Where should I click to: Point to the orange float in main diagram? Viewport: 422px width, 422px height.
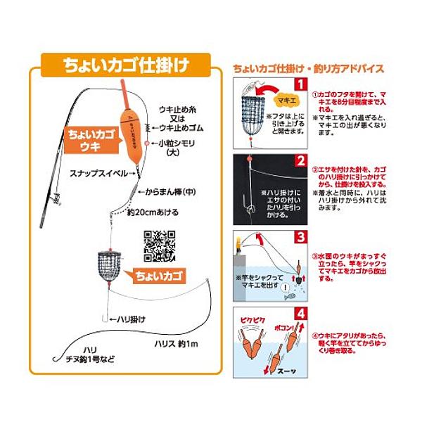[129, 117]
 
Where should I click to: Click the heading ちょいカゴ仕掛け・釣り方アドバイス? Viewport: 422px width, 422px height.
[307, 69]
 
